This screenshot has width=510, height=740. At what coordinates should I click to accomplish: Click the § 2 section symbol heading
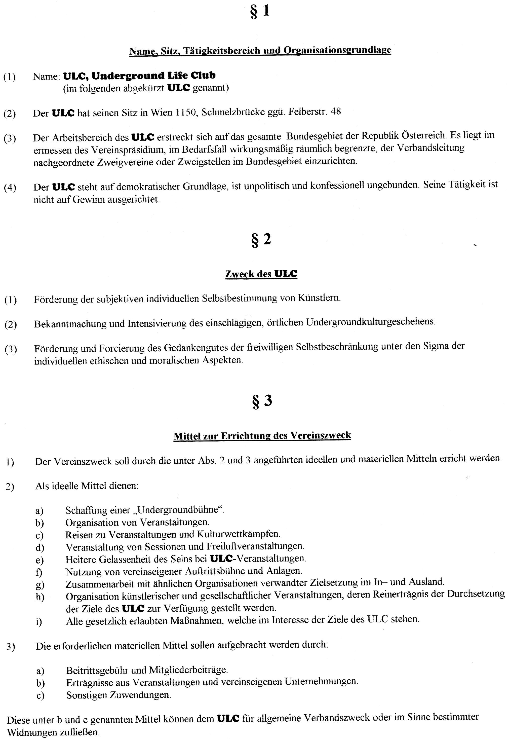click(x=261, y=240)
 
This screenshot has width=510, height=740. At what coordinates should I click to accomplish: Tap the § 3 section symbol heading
click(x=262, y=401)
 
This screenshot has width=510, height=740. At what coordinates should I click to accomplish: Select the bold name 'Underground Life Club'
click(x=153, y=76)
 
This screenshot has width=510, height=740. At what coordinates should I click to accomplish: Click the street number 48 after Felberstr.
click(x=336, y=111)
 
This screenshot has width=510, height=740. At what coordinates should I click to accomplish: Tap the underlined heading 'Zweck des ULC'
click(x=261, y=274)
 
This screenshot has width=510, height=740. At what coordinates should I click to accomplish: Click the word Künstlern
click(x=319, y=298)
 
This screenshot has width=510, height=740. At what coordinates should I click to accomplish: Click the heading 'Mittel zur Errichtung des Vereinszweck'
click(x=262, y=436)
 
